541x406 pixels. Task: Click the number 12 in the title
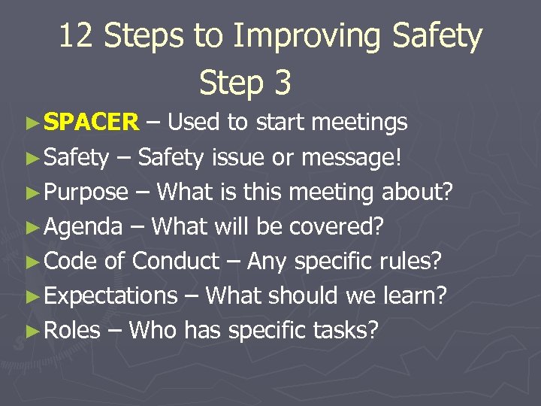coord(77,37)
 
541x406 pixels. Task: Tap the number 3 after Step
coord(283,83)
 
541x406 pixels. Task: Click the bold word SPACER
coord(92,122)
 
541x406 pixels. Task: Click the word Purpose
coord(86,192)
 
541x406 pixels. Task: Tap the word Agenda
coord(83,227)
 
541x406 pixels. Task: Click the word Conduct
coord(176,261)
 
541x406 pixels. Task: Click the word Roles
coord(72,330)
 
